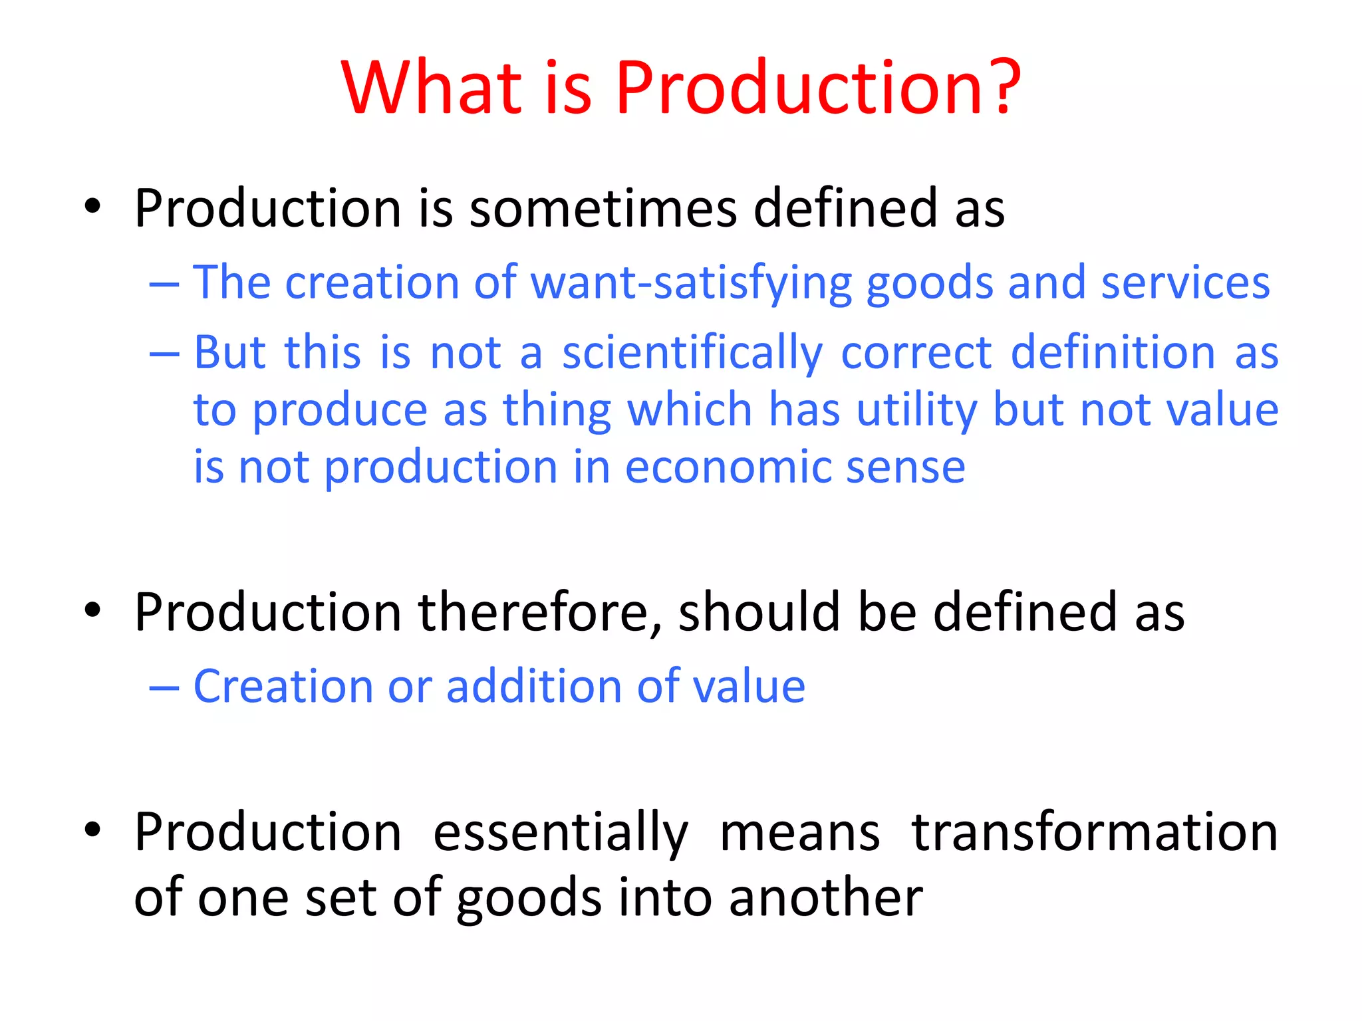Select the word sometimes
click(603, 208)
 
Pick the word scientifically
click(692, 354)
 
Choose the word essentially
click(560, 834)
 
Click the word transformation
click(1094, 832)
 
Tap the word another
click(825, 898)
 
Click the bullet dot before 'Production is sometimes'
click(92, 207)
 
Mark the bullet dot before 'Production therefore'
click(92, 610)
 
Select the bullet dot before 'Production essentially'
click(92, 830)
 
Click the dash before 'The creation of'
click(164, 284)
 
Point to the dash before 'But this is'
click(164, 354)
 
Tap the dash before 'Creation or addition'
click(164, 688)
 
